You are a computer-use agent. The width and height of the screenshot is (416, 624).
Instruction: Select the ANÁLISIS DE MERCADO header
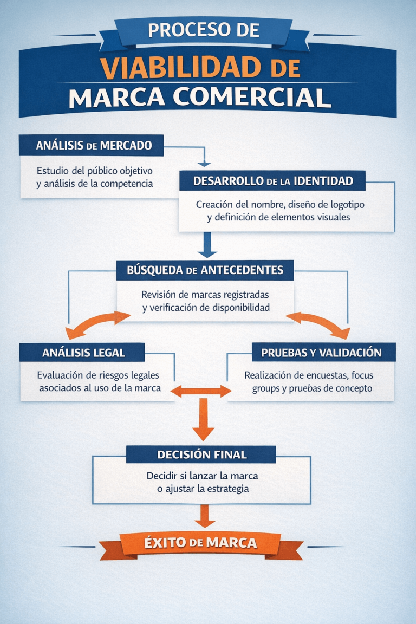[91, 145]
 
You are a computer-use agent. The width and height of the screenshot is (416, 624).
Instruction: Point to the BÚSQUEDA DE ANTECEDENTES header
[205, 269]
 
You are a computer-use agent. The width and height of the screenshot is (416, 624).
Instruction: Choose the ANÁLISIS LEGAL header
[83, 353]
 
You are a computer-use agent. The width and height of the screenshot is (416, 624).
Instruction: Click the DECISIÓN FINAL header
[201, 454]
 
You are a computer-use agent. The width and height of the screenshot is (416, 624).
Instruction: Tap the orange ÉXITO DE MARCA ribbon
[200, 543]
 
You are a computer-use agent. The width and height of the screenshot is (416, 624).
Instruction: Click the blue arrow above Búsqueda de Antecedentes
[206, 245]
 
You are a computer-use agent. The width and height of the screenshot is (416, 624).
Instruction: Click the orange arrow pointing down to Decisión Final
[204, 420]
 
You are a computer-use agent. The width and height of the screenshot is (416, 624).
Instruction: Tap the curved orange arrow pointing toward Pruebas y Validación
[320, 323]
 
